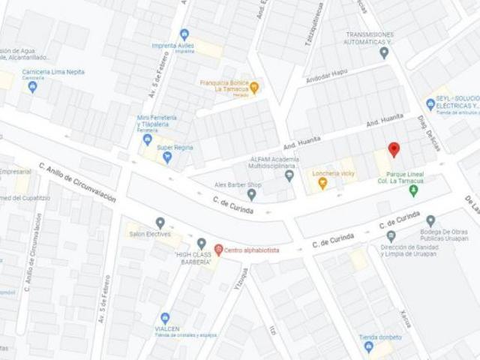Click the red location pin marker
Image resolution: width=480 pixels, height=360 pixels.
coord(393,148)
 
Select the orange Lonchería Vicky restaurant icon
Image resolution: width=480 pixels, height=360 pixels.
coord(322,183)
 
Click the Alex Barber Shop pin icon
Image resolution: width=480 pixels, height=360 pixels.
coord(252,195)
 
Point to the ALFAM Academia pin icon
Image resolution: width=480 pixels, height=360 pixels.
coord(289,175)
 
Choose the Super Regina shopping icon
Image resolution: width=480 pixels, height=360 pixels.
coord(167,157)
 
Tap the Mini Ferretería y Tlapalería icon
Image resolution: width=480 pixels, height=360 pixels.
coord(147,139)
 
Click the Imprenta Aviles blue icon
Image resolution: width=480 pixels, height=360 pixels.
coord(184,34)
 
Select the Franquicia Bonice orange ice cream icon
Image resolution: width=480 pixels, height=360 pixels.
coord(253,87)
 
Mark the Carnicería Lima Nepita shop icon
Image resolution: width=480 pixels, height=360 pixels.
coord(32,86)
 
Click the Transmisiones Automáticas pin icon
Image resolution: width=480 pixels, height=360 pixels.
coord(384,52)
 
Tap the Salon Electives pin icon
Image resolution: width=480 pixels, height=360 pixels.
coord(160,223)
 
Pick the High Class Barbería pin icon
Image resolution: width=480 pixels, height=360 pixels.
coord(201,244)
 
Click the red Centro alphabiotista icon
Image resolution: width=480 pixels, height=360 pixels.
coord(218,250)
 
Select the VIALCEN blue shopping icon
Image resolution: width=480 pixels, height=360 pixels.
coord(165,318)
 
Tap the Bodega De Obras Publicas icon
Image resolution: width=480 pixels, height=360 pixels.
coord(430,221)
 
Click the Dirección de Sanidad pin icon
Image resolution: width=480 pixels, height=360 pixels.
coord(390,236)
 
